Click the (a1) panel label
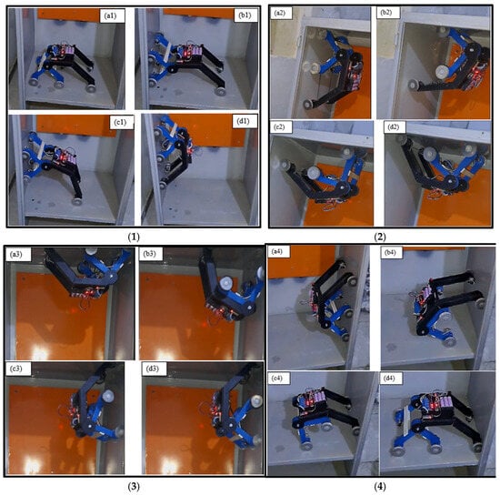click(110, 15)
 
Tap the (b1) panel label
click(245, 15)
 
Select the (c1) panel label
click(120, 122)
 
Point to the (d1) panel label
click(244, 121)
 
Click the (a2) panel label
click(279, 13)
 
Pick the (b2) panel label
click(386, 13)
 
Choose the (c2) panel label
click(279, 126)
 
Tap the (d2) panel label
click(393, 126)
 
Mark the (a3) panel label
click(16, 255)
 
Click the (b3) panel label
click(150, 254)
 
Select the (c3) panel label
click(16, 369)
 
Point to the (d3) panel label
click(152, 369)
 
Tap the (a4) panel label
click(276, 251)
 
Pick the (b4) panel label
click(390, 252)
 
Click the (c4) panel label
click(276, 379)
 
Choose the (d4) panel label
click(389, 379)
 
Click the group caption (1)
click(134, 237)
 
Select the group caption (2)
click(380, 237)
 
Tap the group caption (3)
click(134, 487)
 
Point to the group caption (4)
click(380, 487)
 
